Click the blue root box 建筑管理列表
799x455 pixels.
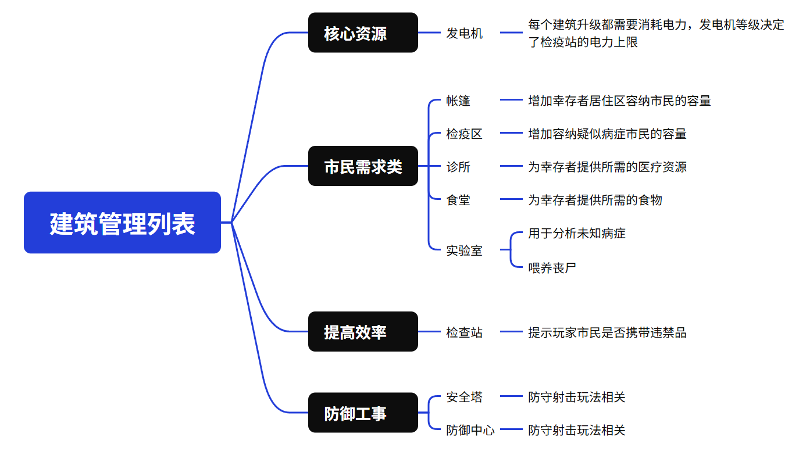coord(122,223)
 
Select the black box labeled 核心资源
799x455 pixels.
coord(363,33)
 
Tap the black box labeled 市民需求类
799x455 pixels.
coord(363,166)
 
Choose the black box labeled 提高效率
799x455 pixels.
coord(363,332)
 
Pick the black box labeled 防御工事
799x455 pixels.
coord(363,413)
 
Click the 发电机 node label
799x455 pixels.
coord(464,33)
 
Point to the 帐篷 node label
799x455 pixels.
coord(458,101)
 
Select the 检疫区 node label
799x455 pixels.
coord(464,134)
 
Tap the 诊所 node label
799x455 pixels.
coord(458,167)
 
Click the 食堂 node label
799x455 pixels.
coord(458,200)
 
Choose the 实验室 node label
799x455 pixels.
coord(464,250)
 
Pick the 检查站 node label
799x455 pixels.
coord(464,332)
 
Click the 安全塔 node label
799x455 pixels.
coord(464,397)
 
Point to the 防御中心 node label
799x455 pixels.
coord(470,430)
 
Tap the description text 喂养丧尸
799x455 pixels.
coord(552,268)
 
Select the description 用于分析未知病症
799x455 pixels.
coord(576,234)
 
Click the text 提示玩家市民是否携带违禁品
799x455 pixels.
coord(607,332)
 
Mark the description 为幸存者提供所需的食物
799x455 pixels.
coord(595,200)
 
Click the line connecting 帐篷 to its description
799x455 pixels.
coord(511,100)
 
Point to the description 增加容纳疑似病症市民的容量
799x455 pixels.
coord(607,134)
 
